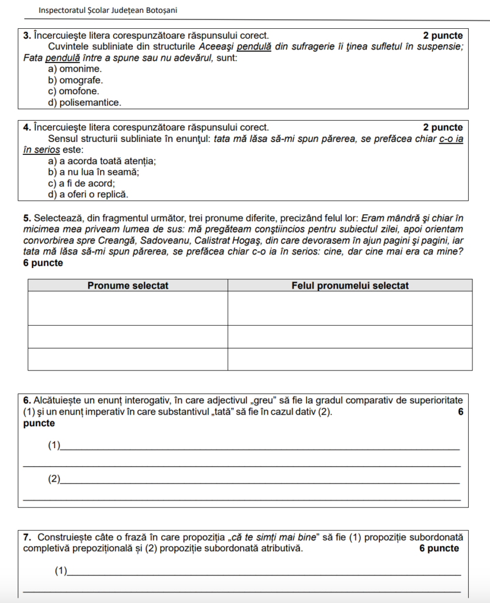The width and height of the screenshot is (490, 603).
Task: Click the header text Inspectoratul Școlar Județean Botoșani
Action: click(108, 11)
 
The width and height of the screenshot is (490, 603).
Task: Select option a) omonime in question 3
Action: click(75, 69)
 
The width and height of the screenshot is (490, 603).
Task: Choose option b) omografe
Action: click(75, 80)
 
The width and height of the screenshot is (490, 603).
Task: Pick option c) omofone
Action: click(74, 91)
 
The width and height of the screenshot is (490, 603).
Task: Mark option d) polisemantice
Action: click(85, 102)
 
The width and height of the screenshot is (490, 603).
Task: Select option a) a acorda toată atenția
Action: click(102, 161)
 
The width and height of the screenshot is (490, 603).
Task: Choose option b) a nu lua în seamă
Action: click(94, 172)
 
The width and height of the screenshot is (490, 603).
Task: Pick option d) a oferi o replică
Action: click(88, 194)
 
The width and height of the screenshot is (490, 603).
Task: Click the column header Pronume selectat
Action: click(128, 286)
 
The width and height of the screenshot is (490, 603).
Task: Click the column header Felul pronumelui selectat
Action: click(350, 286)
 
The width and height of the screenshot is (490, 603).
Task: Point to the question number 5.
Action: click(26, 218)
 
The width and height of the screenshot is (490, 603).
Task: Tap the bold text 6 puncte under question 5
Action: click(43, 263)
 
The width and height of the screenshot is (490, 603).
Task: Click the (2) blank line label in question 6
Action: click(54, 479)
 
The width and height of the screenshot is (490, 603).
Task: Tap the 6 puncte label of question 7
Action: click(439, 548)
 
